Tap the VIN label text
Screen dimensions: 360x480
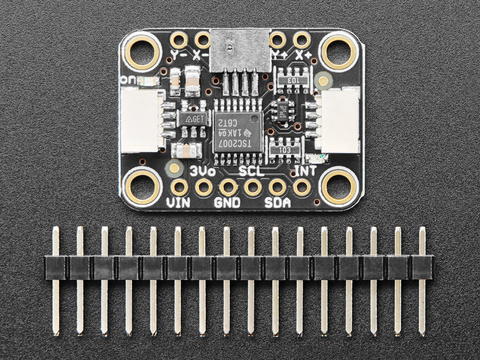tap(178, 202)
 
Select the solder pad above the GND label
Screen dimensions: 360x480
tap(228, 187)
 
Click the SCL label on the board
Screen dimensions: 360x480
tap(252, 172)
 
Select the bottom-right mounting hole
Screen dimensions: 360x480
tap(338, 186)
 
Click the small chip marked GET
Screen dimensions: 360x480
tap(191, 119)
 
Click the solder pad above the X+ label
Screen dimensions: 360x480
tap(301, 40)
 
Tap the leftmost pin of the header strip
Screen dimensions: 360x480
tap(56, 280)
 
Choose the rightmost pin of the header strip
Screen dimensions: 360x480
tap(422, 280)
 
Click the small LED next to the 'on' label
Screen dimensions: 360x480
tap(147, 81)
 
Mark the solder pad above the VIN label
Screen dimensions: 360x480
tap(179, 187)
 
